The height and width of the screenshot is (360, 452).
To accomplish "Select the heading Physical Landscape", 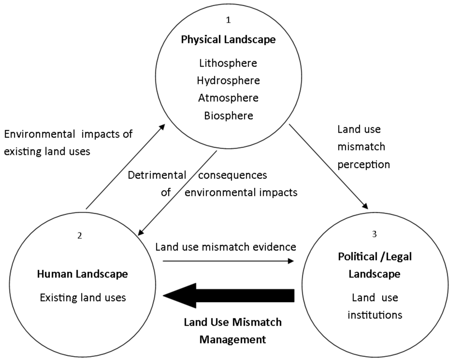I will coord(228,40).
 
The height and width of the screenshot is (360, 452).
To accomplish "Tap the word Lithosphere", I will coord(228,63).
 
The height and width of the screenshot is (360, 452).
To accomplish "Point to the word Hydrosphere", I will coord(228,80).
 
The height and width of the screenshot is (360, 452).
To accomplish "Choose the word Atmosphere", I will coord(228,97).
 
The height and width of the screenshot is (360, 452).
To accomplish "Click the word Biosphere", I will coord(229,116).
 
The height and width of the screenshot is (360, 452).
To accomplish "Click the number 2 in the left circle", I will coord(79,235).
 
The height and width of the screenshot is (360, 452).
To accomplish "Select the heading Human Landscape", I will coord(83,274).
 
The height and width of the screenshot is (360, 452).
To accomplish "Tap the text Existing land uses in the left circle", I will coord(83,297).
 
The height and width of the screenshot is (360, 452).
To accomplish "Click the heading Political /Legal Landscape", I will coord(375,265).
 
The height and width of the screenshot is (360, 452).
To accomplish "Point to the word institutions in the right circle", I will coord(375,315).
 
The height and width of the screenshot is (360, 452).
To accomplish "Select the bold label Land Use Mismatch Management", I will coord(233,331).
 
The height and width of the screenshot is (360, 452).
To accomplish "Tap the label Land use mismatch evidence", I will coord(226,246).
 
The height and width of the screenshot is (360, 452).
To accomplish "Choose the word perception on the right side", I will coord(363,165).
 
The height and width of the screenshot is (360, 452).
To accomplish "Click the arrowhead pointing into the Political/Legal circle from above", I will coord(365,205).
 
